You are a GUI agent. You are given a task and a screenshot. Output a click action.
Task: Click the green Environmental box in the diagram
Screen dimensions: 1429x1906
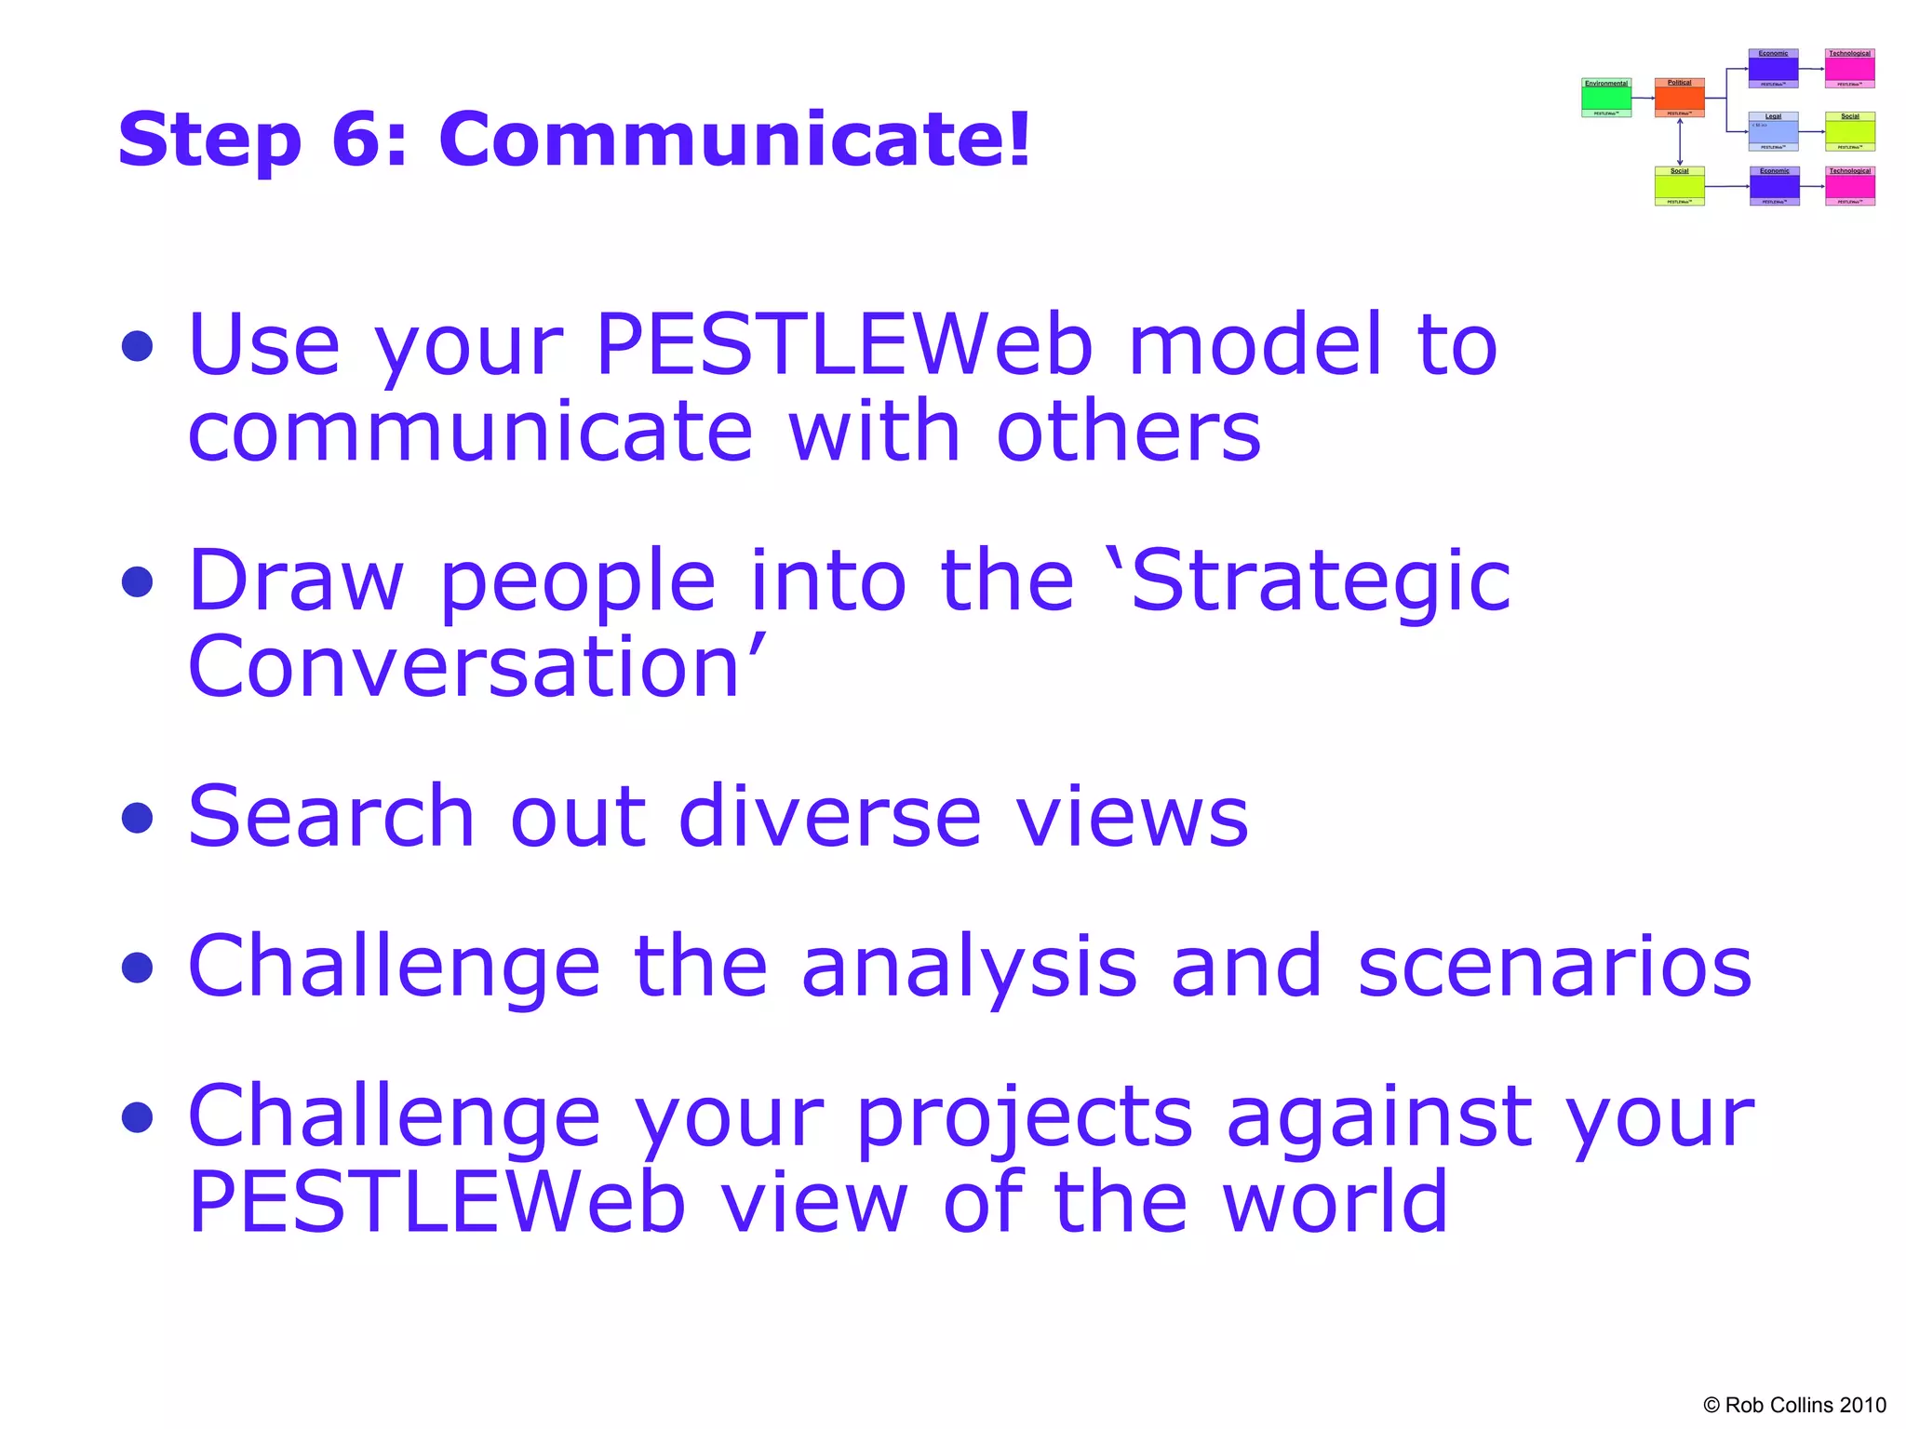(x=1606, y=98)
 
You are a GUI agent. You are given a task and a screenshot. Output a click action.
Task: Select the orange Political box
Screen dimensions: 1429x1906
(x=1679, y=98)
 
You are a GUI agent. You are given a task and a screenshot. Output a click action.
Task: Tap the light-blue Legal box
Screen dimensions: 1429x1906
(x=1773, y=131)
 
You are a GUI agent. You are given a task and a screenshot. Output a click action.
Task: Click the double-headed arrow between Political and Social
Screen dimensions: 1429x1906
(x=1680, y=141)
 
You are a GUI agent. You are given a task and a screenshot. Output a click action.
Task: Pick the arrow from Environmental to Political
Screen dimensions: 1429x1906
(x=1643, y=98)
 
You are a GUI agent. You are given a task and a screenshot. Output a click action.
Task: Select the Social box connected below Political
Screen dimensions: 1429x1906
(x=1679, y=186)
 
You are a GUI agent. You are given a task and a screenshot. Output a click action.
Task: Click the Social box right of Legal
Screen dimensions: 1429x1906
(x=1849, y=131)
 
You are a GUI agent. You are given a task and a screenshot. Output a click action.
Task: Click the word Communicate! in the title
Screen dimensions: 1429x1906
(x=735, y=140)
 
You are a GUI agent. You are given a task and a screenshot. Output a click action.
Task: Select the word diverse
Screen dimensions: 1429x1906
(x=829, y=816)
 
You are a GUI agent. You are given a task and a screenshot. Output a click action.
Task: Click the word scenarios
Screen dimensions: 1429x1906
(x=1554, y=967)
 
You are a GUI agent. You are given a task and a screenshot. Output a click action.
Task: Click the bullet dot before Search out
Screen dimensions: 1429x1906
(x=138, y=818)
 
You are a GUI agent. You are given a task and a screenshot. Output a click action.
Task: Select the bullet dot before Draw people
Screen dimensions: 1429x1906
(x=138, y=582)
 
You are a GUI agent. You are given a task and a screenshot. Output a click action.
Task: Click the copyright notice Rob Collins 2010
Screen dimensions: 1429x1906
(x=1794, y=1405)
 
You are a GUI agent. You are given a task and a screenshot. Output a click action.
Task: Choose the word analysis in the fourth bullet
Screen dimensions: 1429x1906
(x=969, y=967)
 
